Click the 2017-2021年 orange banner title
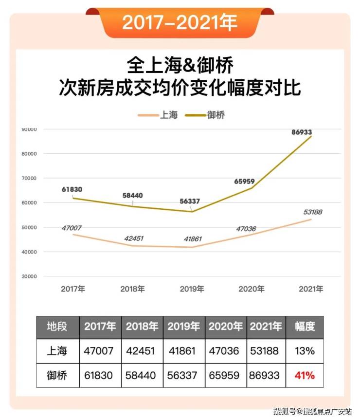tap(180, 22)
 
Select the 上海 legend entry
tap(158, 115)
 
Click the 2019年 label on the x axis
tap(192, 289)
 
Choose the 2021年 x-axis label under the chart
tap(311, 289)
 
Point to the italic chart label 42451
tap(132, 238)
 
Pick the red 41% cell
tap(305, 376)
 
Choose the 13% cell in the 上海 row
tap(305, 351)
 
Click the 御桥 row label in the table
tap(57, 376)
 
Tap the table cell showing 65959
tap(225, 376)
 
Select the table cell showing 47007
tap(100, 351)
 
